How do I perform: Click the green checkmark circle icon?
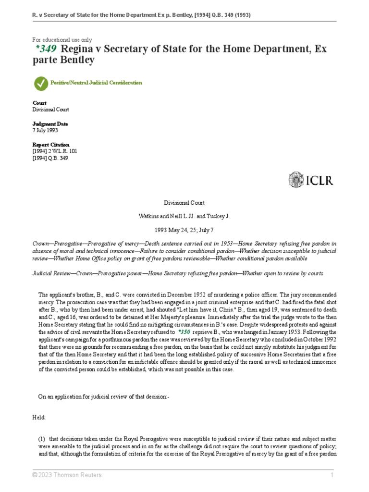coord(41,83)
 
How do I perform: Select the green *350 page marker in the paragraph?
coord(184,332)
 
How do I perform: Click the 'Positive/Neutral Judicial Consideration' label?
coord(97,83)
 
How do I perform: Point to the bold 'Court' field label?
coord(39,103)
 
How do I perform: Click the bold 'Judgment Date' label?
coord(50,123)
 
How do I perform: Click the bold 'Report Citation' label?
coord(51,145)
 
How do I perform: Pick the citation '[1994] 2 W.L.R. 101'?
coord(55,151)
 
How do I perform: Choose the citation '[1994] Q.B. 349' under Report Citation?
coord(50,158)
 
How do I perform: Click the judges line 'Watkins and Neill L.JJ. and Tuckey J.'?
coord(184,217)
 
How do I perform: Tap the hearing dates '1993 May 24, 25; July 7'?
coord(184,230)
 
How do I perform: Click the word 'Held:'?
coord(39,418)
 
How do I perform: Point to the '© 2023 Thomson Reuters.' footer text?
coord(67,475)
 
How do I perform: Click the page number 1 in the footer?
coord(332,475)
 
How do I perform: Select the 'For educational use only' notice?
coord(62,40)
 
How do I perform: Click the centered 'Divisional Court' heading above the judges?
coord(184,203)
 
